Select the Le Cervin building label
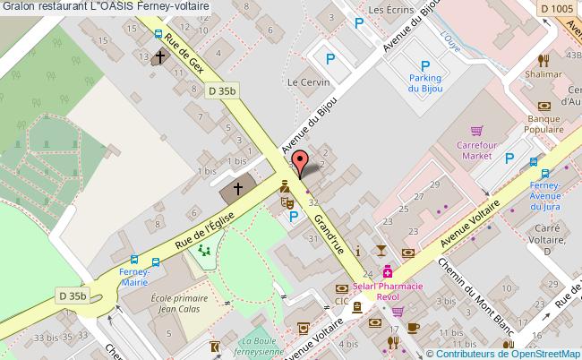(x=303, y=81)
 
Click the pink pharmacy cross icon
(x=388, y=271)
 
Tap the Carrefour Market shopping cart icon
(x=477, y=129)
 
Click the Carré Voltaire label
(x=544, y=245)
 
